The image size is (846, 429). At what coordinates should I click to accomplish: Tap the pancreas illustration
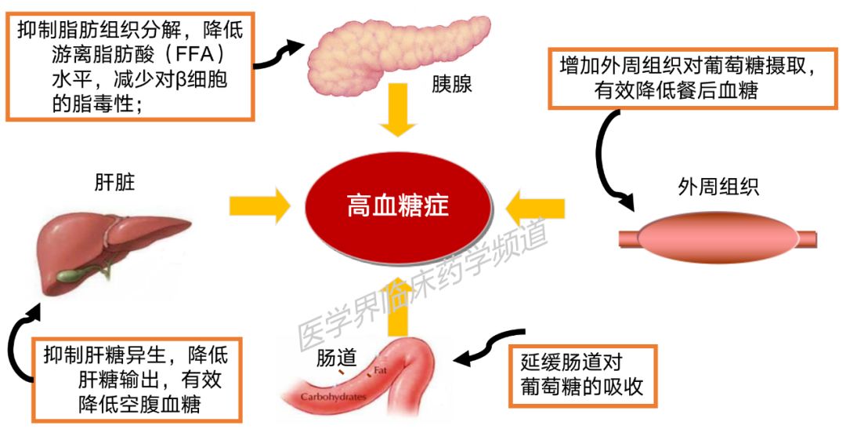399,54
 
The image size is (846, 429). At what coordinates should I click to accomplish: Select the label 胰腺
452,84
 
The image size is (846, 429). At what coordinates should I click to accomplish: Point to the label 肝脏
114,184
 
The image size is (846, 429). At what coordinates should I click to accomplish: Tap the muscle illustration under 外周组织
718,237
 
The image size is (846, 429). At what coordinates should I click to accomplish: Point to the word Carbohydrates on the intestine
333,397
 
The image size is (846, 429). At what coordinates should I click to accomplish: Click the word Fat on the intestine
381,371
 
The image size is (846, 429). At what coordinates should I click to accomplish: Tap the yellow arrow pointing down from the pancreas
398,110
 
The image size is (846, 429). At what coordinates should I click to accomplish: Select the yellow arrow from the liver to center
259,205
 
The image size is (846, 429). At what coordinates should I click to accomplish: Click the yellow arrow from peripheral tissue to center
535,208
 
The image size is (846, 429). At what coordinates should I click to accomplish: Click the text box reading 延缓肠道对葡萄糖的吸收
583,376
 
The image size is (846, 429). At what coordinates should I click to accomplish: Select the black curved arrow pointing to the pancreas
275,55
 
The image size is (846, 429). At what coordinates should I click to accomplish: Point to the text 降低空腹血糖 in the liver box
139,404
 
